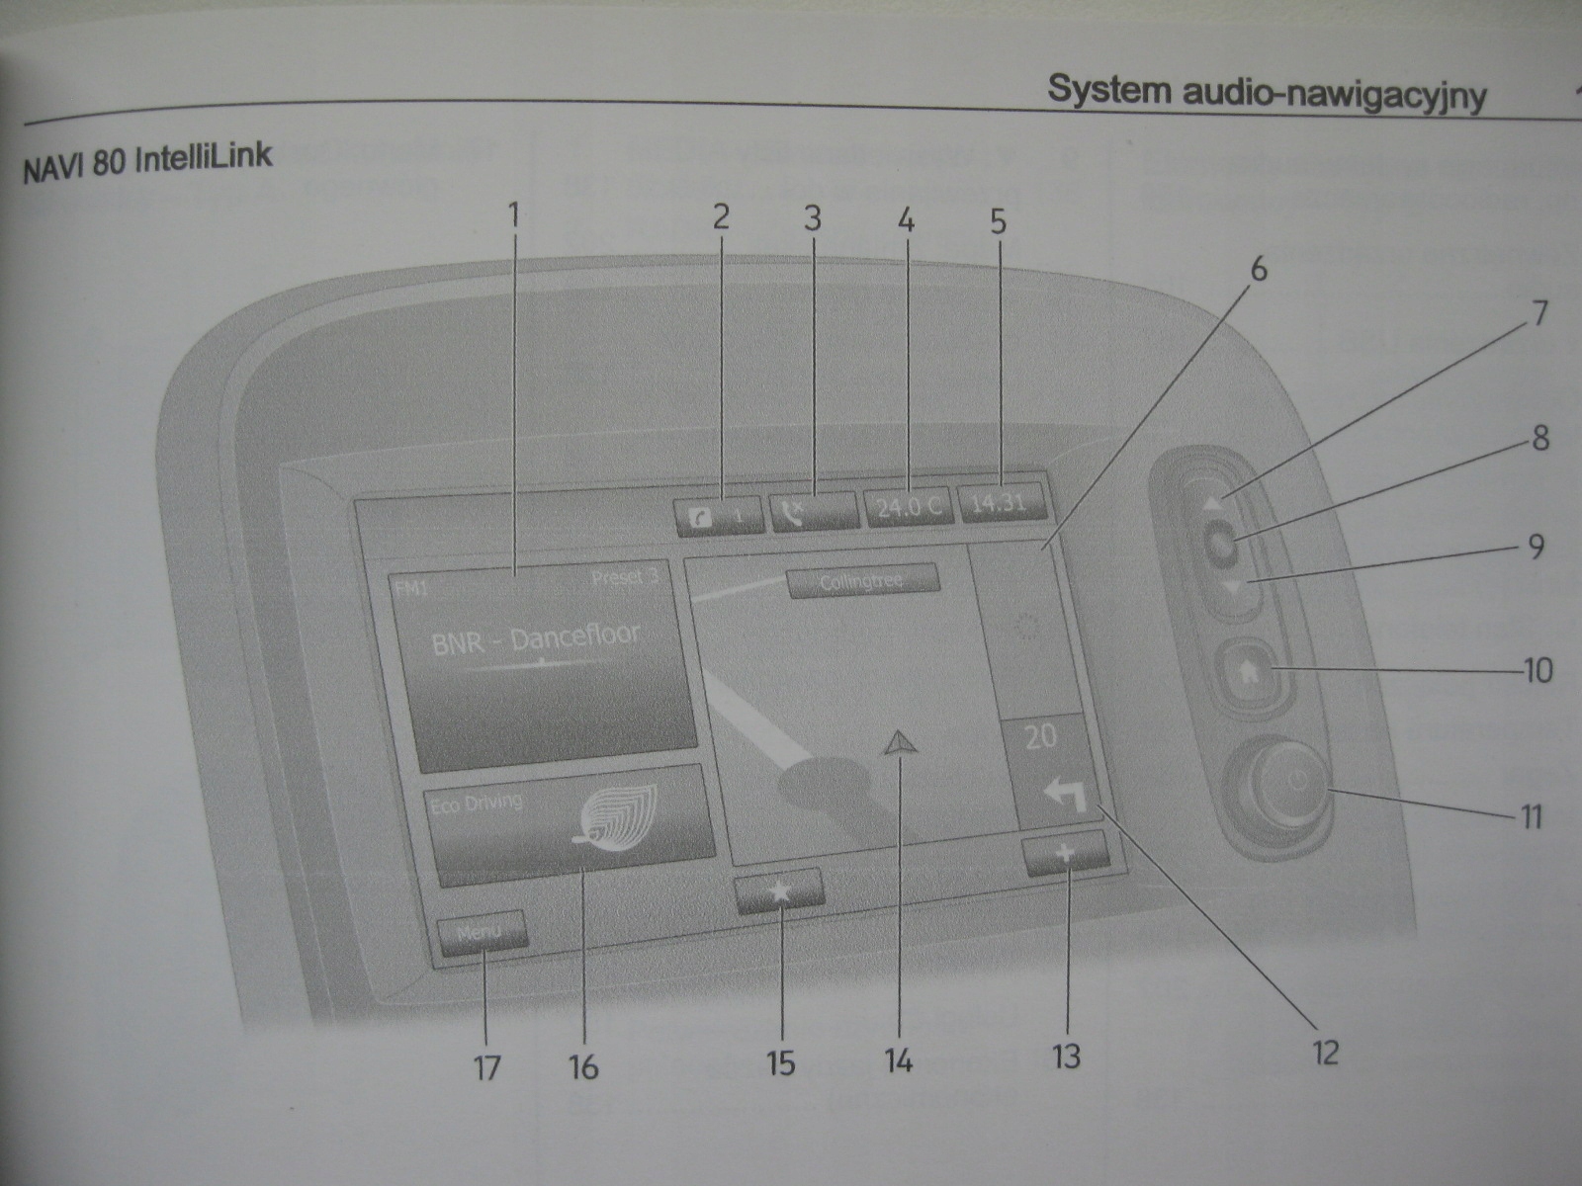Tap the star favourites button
tap(779, 891)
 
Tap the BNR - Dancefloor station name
tap(536, 638)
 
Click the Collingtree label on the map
tap(862, 581)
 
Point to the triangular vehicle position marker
tap(898, 743)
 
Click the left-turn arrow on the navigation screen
tap(1064, 791)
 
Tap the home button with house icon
tap(1248, 673)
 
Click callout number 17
tap(486, 1067)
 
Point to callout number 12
tap(1324, 1052)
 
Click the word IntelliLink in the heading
tap(204, 158)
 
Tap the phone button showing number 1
tap(720, 516)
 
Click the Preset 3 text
tap(625, 577)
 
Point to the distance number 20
tap(1040, 736)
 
